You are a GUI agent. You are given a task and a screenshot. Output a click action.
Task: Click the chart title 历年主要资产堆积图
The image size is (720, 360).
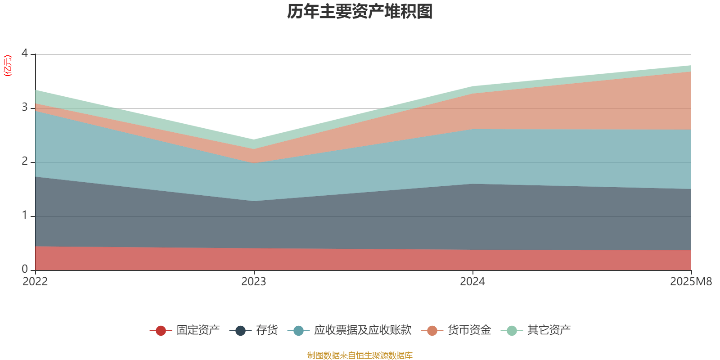(360, 12)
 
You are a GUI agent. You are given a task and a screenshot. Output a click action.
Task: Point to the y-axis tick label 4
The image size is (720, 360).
(25, 54)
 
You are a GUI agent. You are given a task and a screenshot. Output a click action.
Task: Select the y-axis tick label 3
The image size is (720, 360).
(25, 108)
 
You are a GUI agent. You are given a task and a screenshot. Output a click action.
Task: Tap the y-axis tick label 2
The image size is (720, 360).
(25, 162)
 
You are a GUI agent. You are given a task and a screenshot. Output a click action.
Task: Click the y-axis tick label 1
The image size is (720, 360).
(25, 216)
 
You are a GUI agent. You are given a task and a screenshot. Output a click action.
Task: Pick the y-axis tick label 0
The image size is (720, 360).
(25, 269)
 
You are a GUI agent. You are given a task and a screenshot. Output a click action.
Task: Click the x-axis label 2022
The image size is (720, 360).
(35, 282)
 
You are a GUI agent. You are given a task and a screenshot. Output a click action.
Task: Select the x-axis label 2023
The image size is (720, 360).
(254, 282)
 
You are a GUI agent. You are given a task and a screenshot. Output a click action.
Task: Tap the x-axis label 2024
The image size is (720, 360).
(472, 282)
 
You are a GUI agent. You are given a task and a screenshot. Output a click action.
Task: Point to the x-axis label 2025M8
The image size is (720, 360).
(691, 282)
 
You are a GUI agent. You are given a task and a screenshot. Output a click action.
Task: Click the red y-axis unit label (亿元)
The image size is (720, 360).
(8, 66)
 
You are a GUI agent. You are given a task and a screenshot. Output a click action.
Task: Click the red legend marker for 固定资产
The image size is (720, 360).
(161, 331)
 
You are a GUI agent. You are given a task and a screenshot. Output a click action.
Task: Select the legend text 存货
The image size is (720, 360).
(267, 330)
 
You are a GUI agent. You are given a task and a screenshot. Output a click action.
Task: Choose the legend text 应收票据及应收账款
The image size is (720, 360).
(363, 330)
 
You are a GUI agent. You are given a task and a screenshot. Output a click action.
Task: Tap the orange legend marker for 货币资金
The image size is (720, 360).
(432, 331)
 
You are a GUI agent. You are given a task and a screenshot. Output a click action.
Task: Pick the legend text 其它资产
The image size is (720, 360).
(549, 330)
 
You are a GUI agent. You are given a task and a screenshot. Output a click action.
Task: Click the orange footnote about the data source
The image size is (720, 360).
(360, 355)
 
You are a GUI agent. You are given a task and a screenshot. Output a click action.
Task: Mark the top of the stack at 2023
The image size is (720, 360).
(254, 139)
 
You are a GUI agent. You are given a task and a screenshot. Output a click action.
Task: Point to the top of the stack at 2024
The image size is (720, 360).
(472, 86)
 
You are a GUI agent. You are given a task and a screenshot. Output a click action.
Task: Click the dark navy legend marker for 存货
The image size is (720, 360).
(241, 331)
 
